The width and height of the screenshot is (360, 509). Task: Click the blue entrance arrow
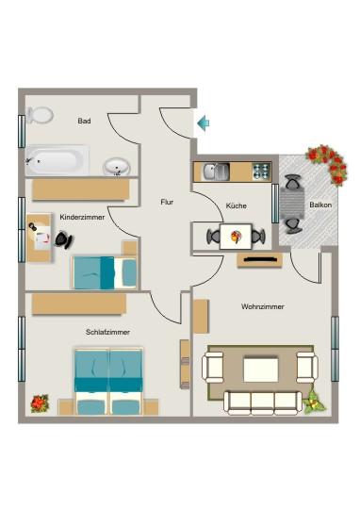[x=203, y=122]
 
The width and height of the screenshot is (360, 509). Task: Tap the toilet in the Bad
[x=40, y=115]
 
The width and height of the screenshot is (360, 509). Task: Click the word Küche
[x=236, y=206]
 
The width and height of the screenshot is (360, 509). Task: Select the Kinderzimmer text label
[x=81, y=217]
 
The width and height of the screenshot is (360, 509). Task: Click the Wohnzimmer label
[x=263, y=306]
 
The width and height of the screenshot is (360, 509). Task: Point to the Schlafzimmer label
[x=107, y=333]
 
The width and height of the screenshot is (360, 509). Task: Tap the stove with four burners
[x=260, y=172]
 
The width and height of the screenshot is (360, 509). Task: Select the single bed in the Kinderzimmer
[x=104, y=272]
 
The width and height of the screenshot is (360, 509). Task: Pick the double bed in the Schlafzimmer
[x=109, y=380]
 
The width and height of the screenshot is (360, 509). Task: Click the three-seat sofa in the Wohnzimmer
[x=263, y=402]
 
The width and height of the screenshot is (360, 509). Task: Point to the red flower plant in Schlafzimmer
[x=40, y=402]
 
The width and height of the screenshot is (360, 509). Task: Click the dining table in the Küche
[x=236, y=236]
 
